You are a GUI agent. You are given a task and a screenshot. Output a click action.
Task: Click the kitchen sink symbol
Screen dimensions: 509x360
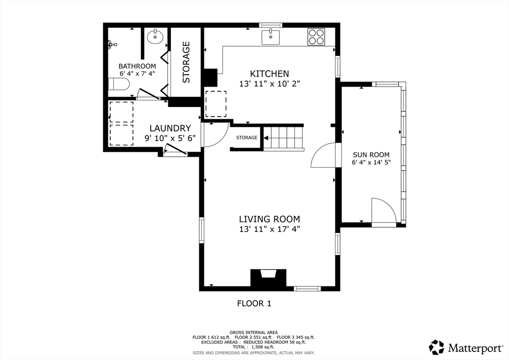pyautogui.click(x=270, y=37)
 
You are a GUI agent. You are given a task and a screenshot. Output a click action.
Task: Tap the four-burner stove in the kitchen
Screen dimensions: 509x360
pyautogui.click(x=316, y=37)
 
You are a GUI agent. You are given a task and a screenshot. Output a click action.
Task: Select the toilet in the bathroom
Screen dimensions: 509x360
pyautogui.click(x=119, y=85)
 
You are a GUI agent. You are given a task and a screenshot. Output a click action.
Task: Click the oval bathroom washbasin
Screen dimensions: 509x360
pyautogui.click(x=155, y=37)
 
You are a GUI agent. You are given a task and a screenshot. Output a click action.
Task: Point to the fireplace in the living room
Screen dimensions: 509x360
pyautogui.click(x=268, y=277)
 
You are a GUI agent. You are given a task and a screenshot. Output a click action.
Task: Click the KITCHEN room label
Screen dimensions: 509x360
pyautogui.click(x=269, y=74)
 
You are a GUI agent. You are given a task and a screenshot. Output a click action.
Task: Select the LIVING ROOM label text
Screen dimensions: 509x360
pyautogui.click(x=269, y=219)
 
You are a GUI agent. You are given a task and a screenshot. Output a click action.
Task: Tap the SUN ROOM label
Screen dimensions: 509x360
pyautogui.click(x=371, y=155)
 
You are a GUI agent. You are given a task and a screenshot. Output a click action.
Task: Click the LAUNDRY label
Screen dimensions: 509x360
pyautogui.click(x=170, y=128)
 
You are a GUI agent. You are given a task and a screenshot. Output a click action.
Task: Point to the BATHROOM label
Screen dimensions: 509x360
pyautogui.click(x=137, y=66)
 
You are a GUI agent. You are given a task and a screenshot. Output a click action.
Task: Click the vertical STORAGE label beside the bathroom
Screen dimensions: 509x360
pyautogui.click(x=186, y=62)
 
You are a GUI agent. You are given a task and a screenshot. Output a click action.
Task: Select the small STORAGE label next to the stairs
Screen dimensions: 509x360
pyautogui.click(x=247, y=138)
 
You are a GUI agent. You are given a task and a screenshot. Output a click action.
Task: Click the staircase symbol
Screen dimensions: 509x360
pyautogui.click(x=283, y=137)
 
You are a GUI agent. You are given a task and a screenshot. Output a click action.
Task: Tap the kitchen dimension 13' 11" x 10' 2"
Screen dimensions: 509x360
pyautogui.click(x=269, y=84)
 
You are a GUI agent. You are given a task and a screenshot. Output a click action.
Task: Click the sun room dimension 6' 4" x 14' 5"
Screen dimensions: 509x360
pyautogui.click(x=371, y=162)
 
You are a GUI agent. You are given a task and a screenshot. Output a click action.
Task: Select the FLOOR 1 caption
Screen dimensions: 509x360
pyautogui.click(x=254, y=303)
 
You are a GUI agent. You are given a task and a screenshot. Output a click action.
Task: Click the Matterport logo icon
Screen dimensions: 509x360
pyautogui.click(x=436, y=348)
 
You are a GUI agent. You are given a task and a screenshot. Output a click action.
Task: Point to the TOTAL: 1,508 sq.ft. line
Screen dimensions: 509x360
pyautogui.click(x=254, y=347)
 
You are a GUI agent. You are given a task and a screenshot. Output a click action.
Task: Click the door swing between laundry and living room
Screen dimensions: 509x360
pyautogui.click(x=215, y=135)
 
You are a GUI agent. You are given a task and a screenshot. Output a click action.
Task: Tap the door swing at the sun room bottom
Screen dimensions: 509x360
pyautogui.click(x=384, y=210)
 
